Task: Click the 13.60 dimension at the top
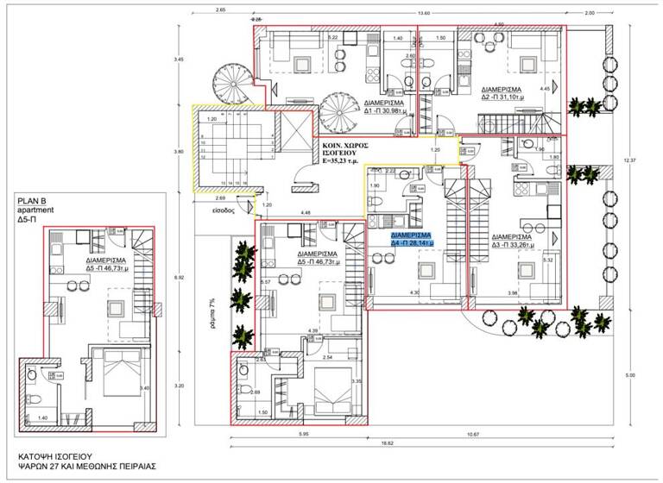[x=423, y=12]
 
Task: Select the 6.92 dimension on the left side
[x=178, y=278]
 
